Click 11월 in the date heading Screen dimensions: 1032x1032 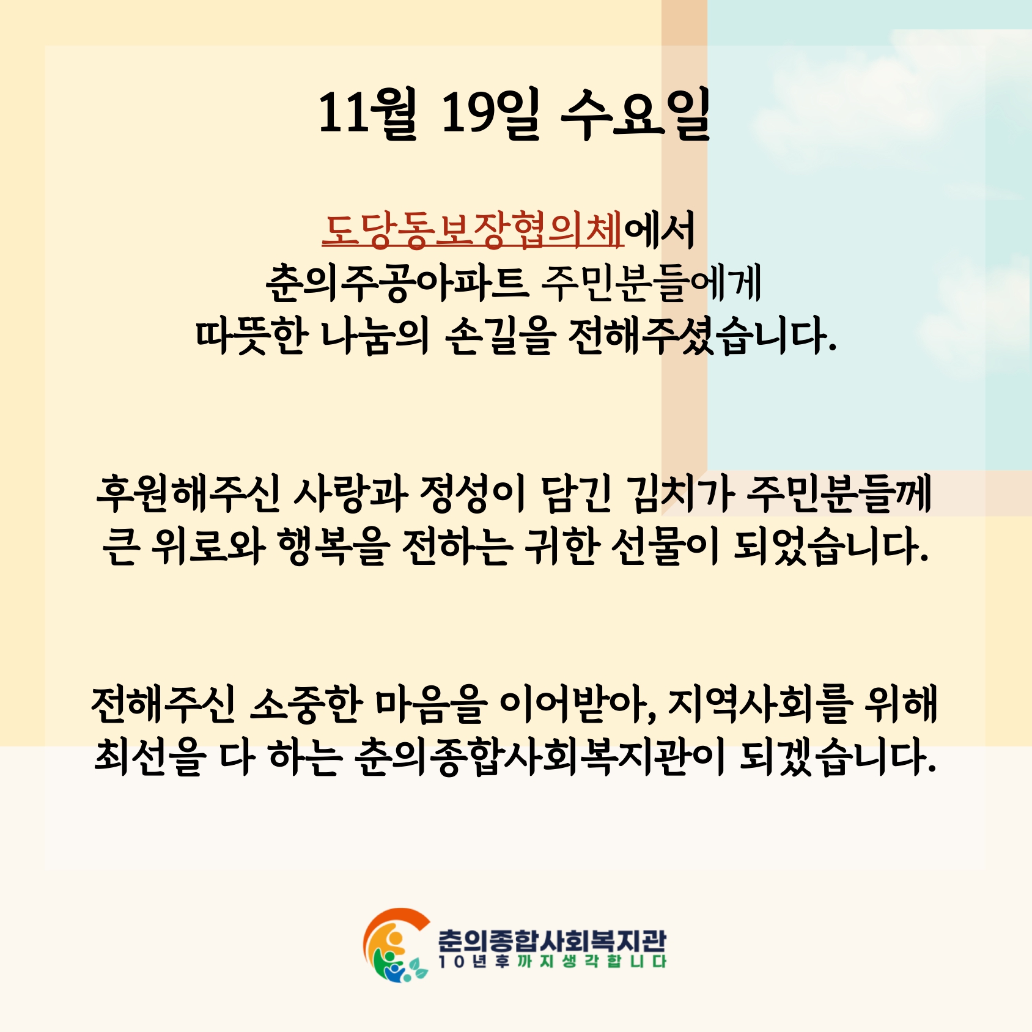pos(367,113)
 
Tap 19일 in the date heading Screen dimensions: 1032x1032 pos(490,113)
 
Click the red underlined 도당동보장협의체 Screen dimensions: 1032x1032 pos(473,230)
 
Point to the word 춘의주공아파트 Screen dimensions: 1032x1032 pos(397,284)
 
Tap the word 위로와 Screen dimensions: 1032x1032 pos(208,546)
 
